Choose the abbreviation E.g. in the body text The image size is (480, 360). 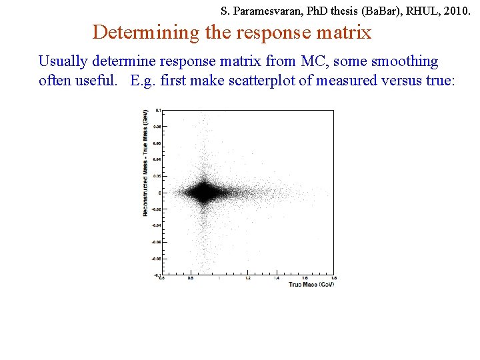pyautogui.click(x=144, y=81)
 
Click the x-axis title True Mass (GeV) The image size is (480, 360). pyautogui.click(x=311, y=285)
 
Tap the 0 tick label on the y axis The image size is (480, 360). pyautogui.click(x=159, y=193)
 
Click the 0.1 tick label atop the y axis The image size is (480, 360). pyautogui.click(x=158, y=110)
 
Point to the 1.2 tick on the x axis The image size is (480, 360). pyautogui.click(x=247, y=278)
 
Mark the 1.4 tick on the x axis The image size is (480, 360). pyautogui.click(x=276, y=278)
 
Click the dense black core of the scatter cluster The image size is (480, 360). pyautogui.click(x=201, y=193)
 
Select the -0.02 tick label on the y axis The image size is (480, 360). pyautogui.click(x=156, y=209)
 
